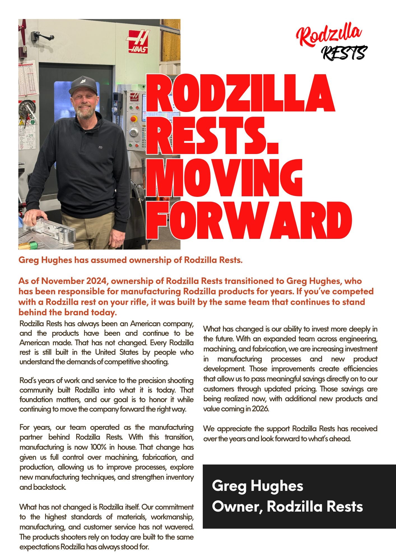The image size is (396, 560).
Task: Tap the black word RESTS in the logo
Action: point(344,53)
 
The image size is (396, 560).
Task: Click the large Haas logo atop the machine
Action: point(138,41)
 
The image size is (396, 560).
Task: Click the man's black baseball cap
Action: point(83,85)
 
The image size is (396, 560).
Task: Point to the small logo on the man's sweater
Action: point(100,146)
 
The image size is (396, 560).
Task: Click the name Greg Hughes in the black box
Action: point(257,486)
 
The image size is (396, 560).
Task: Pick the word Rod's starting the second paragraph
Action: point(28,381)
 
